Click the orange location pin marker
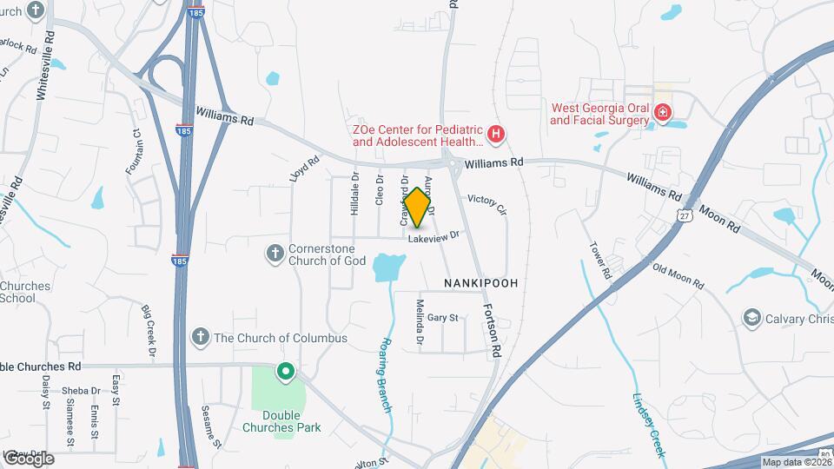point(418,207)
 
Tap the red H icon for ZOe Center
point(495,134)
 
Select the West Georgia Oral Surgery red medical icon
point(662,112)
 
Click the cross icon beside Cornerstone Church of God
point(275,253)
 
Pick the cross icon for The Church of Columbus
point(200,337)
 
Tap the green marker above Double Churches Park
point(285,373)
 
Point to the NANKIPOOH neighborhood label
point(480,283)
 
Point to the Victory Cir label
point(486,204)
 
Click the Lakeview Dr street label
point(433,235)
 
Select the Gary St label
point(442,318)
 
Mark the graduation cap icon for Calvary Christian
point(750,318)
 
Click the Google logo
point(29,458)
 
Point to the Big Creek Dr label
point(149,332)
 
